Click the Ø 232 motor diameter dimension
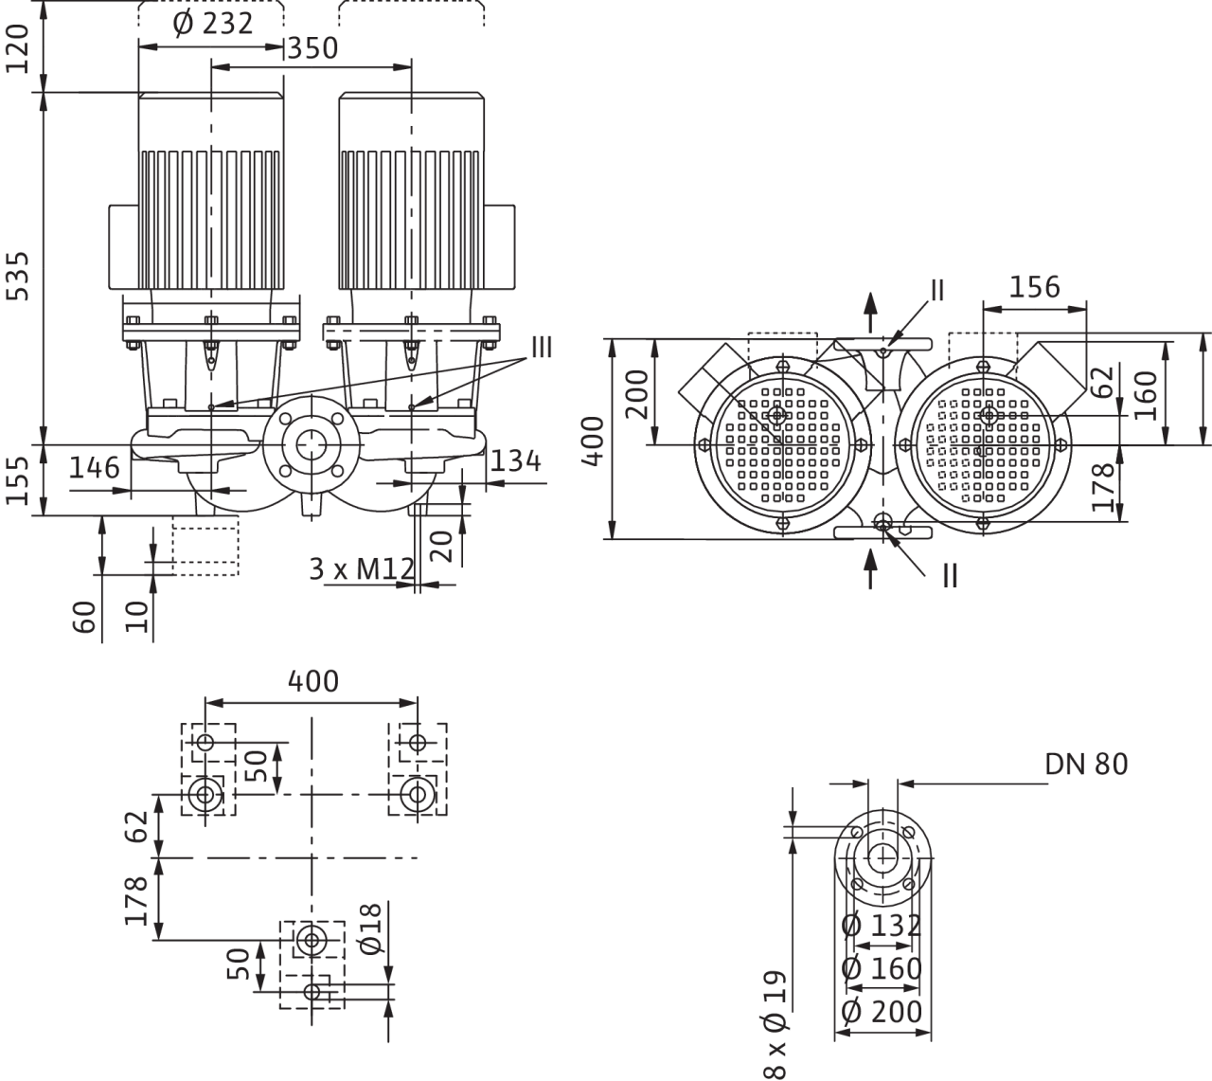(213, 24)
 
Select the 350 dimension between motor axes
(312, 48)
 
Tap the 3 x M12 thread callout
(362, 569)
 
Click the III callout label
(542, 347)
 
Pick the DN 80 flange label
(1086, 765)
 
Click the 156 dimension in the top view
(1034, 287)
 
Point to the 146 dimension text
(94, 467)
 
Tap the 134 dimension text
(516, 461)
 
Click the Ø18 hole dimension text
(371, 928)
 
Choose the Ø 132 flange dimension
(882, 926)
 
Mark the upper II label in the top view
(937, 291)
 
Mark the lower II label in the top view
(950, 576)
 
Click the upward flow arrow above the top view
(870, 313)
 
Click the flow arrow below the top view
(870, 568)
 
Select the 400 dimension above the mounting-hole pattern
(312, 681)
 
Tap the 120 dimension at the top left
(17, 48)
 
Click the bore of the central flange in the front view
(312, 445)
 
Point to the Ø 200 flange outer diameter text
(882, 1012)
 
